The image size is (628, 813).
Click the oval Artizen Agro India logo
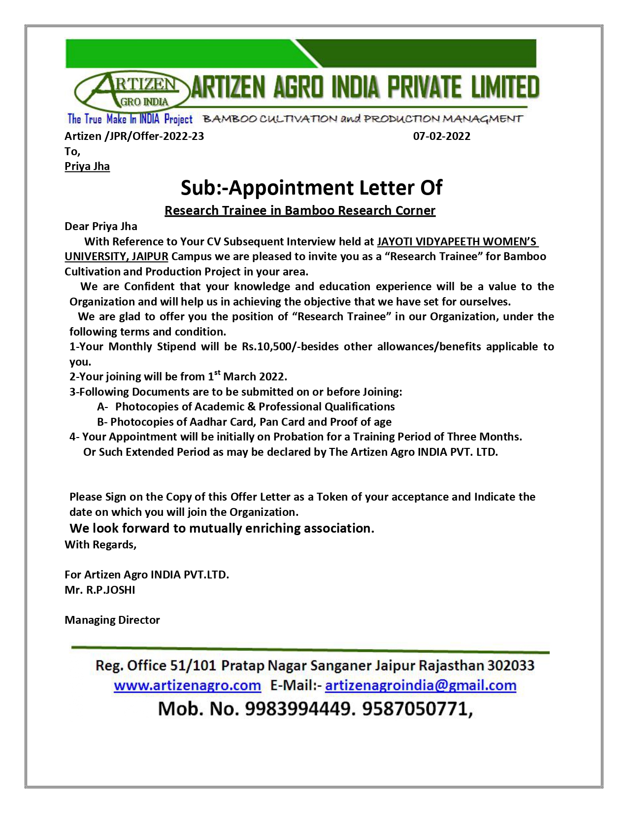pos(131,92)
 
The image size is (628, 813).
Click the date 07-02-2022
pos(441,136)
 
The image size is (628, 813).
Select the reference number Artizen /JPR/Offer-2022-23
pos(134,136)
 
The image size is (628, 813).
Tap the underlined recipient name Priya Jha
pos(87,166)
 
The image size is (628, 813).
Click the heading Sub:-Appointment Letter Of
pos(311,188)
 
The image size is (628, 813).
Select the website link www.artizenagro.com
pos(187,685)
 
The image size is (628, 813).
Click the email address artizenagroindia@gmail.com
pos(421,685)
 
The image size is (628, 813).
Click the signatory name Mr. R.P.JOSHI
pos(100,590)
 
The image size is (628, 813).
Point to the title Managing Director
pos(112,620)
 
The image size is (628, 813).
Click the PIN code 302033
pos(511,666)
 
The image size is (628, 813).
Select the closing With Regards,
pos(100,544)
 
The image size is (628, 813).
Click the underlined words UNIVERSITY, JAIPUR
pos(116,256)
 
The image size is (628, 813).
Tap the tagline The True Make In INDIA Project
pos(130,119)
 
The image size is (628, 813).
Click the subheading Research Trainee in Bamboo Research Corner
pos(300,210)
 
